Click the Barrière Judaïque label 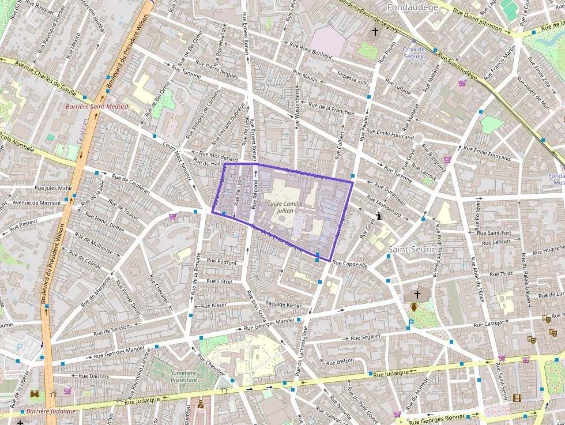pyautogui.click(x=51, y=411)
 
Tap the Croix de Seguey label pyautogui.click(x=413, y=53)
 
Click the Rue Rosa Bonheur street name pyautogui.click(x=311, y=51)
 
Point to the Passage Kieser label pyautogui.click(x=283, y=304)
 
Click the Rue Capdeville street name pyautogui.click(x=350, y=265)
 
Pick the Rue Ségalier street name pyautogui.click(x=366, y=336)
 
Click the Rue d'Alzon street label pyautogui.click(x=340, y=362)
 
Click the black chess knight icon pyautogui.click(x=378, y=216)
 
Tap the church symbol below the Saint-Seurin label pyautogui.click(x=416, y=294)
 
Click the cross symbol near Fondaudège pyautogui.click(x=375, y=31)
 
